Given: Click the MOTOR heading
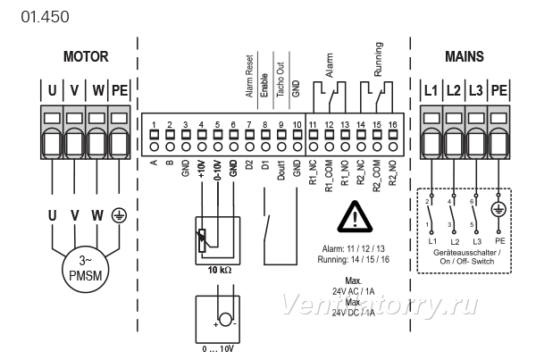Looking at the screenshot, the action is [86, 56].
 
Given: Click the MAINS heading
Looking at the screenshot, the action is [465, 56].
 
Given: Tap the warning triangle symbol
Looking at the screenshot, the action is [355, 217].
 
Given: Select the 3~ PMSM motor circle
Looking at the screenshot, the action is [85, 268].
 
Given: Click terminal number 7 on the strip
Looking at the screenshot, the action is [249, 124].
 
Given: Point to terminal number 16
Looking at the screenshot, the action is [393, 124].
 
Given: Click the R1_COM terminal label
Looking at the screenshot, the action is [329, 176].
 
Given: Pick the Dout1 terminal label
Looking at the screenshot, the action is [281, 170].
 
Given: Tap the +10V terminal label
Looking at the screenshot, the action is [201, 169].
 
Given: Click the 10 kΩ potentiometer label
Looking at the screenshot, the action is [220, 270].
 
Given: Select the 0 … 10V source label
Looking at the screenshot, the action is [218, 349].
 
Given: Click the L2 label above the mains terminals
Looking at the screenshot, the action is [453, 90].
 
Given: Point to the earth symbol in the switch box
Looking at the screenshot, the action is [498, 209].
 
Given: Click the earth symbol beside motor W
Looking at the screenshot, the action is [119, 215].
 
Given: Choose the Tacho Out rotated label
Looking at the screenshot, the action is [281, 80].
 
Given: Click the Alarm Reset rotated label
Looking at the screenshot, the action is [249, 76].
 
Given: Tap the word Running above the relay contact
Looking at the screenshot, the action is [378, 59].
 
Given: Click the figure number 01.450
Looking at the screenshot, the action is [45, 17].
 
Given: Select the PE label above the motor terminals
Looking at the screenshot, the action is [120, 90].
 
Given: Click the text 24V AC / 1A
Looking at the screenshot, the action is [354, 291].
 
